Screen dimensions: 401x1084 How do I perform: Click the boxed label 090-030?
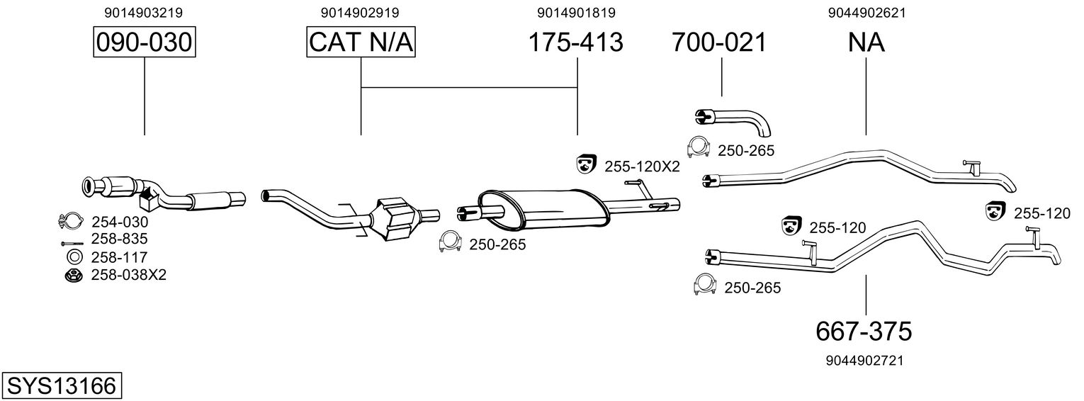[144, 43]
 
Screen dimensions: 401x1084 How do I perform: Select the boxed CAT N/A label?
[361, 43]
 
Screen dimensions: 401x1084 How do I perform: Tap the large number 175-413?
[576, 43]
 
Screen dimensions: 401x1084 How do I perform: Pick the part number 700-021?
[719, 43]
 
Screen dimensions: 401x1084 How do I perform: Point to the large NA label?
[866, 43]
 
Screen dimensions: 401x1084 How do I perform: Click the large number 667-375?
[864, 330]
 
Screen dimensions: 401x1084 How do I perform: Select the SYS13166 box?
[61, 386]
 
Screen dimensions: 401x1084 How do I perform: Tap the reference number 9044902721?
[864, 361]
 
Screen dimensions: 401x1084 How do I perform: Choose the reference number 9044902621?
[866, 13]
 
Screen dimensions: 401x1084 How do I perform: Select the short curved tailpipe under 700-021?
[737, 120]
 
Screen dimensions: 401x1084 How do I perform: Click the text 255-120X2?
[642, 167]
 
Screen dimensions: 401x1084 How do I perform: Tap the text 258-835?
[119, 239]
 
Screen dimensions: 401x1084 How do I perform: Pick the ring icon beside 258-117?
[73, 256]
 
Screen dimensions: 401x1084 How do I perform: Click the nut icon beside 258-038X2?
[73, 275]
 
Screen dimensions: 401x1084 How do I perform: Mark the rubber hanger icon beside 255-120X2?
[585, 164]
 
